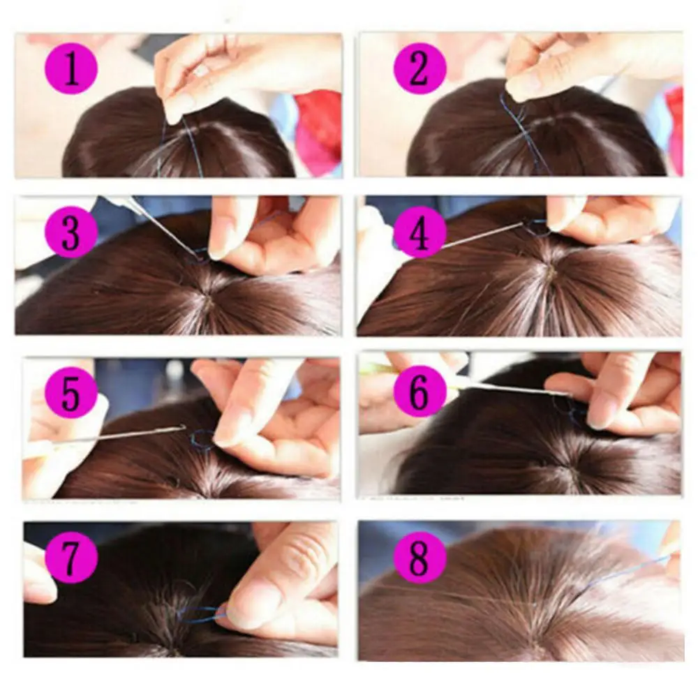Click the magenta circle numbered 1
tap(70, 70)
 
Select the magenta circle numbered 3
tap(71, 232)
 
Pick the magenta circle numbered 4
tap(419, 232)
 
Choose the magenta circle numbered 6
tap(419, 392)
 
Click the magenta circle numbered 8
tap(419, 556)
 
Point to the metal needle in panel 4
tap(483, 235)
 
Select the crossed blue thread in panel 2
tap(521, 129)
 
